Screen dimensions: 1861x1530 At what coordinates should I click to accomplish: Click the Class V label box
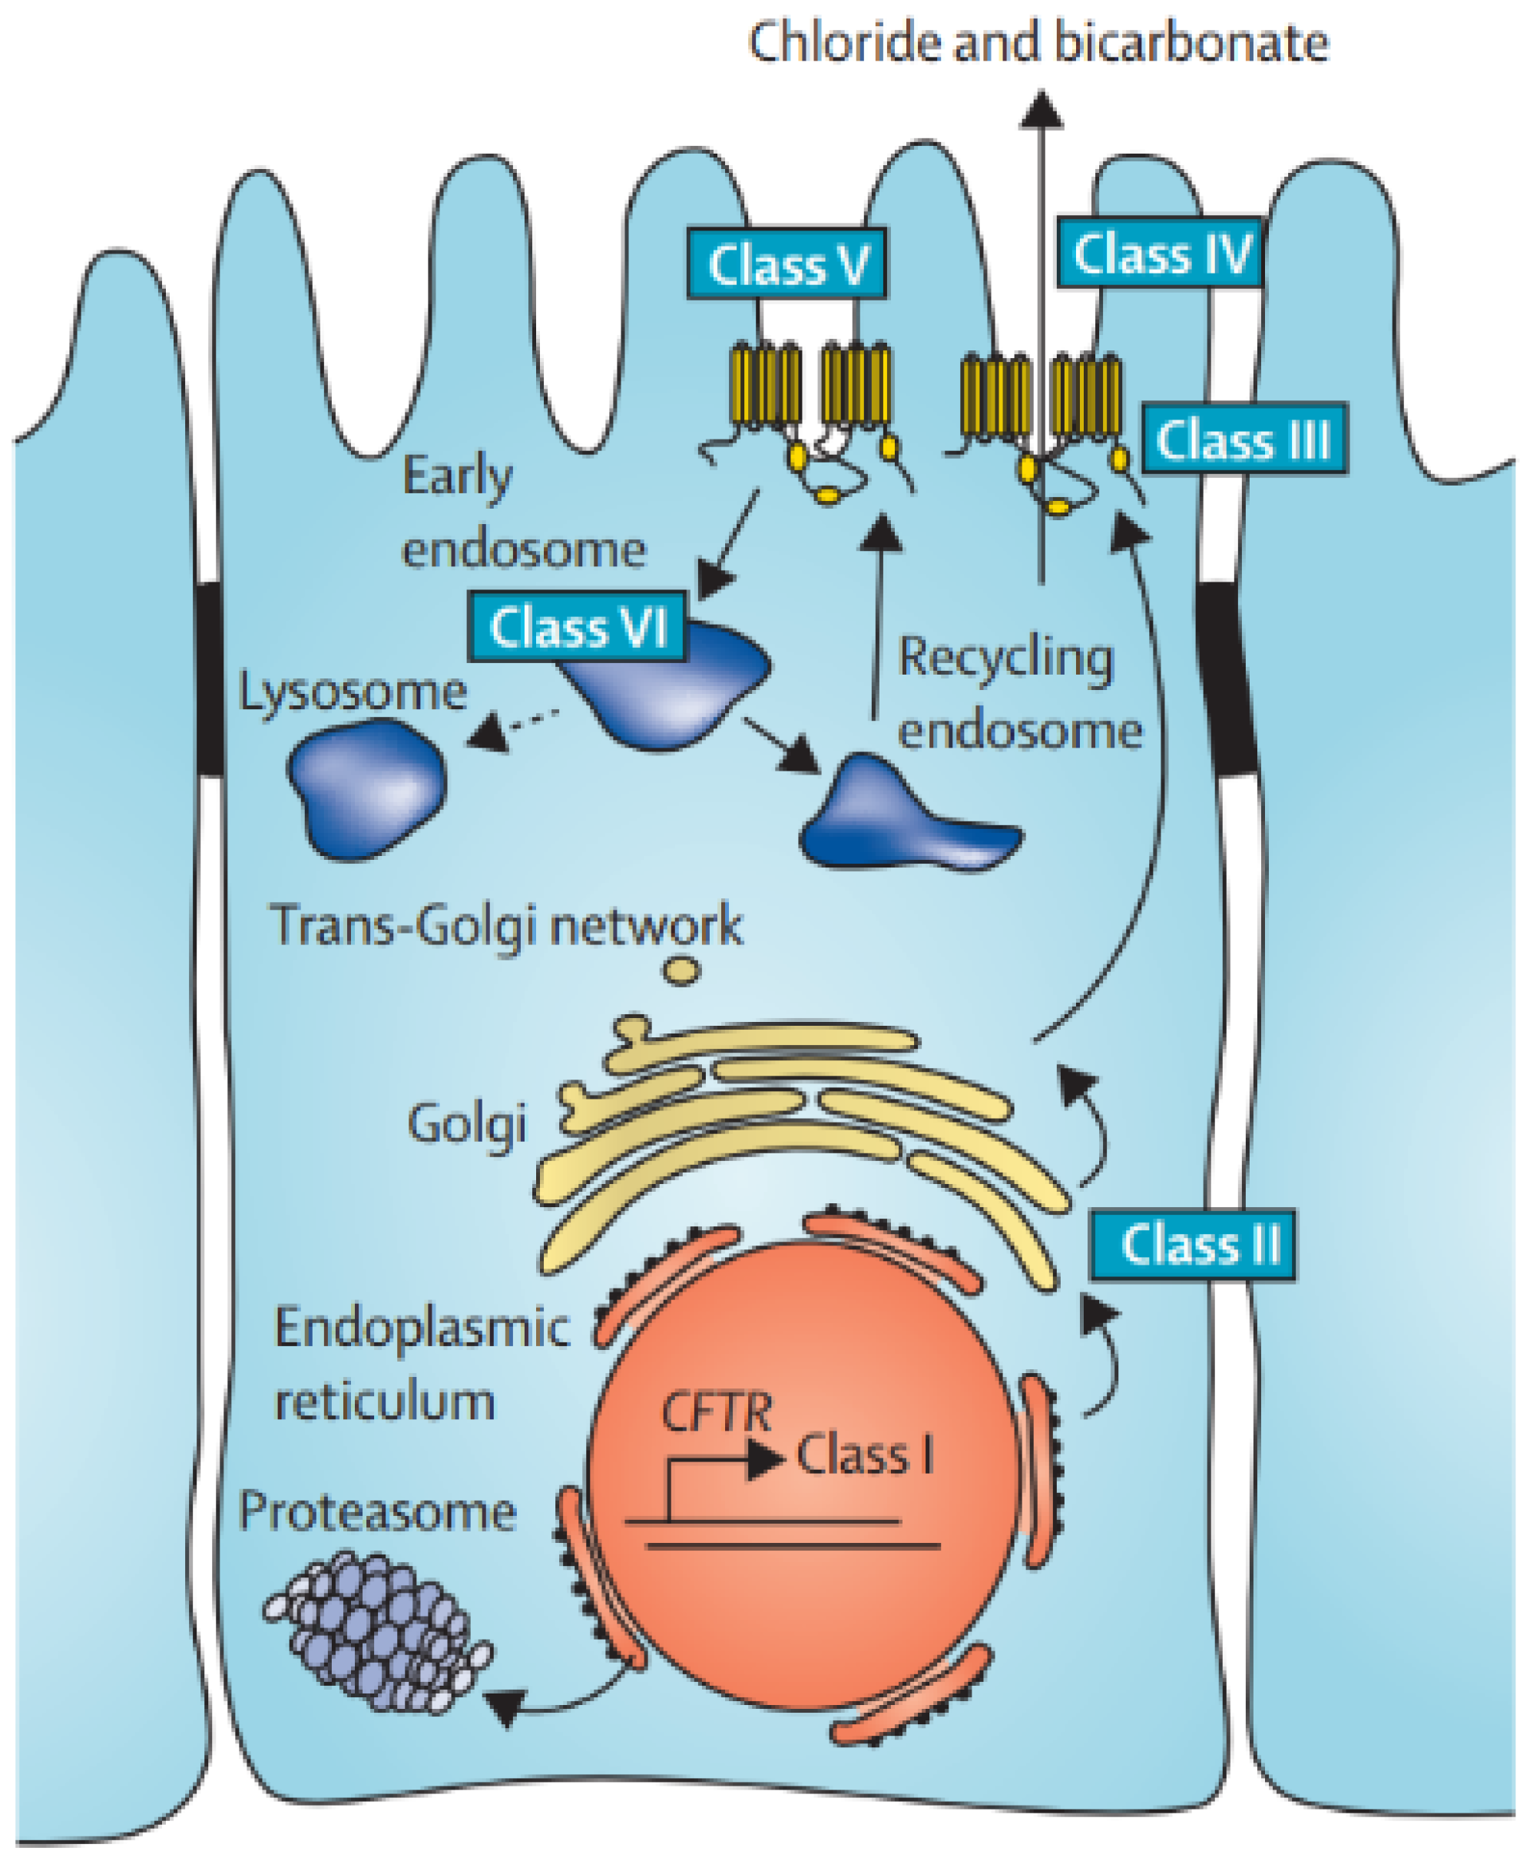point(787,264)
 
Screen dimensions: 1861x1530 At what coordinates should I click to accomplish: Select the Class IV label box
point(1161,253)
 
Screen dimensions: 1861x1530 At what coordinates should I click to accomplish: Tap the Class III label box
point(1244,438)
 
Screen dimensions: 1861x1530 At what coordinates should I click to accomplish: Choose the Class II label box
point(1193,1244)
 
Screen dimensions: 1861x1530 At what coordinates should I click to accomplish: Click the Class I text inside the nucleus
point(865,1455)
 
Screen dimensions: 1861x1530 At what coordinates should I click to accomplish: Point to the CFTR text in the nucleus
point(716,1412)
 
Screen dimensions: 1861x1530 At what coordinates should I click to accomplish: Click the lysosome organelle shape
point(367,788)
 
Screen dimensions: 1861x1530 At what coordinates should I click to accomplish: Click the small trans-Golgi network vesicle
point(681,970)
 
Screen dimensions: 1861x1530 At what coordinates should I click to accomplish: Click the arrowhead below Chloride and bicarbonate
point(1042,110)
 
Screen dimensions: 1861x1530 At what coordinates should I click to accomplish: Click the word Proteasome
point(377,1512)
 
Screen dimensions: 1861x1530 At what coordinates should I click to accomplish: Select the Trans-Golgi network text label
point(506,926)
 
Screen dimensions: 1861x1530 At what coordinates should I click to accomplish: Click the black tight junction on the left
point(210,677)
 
